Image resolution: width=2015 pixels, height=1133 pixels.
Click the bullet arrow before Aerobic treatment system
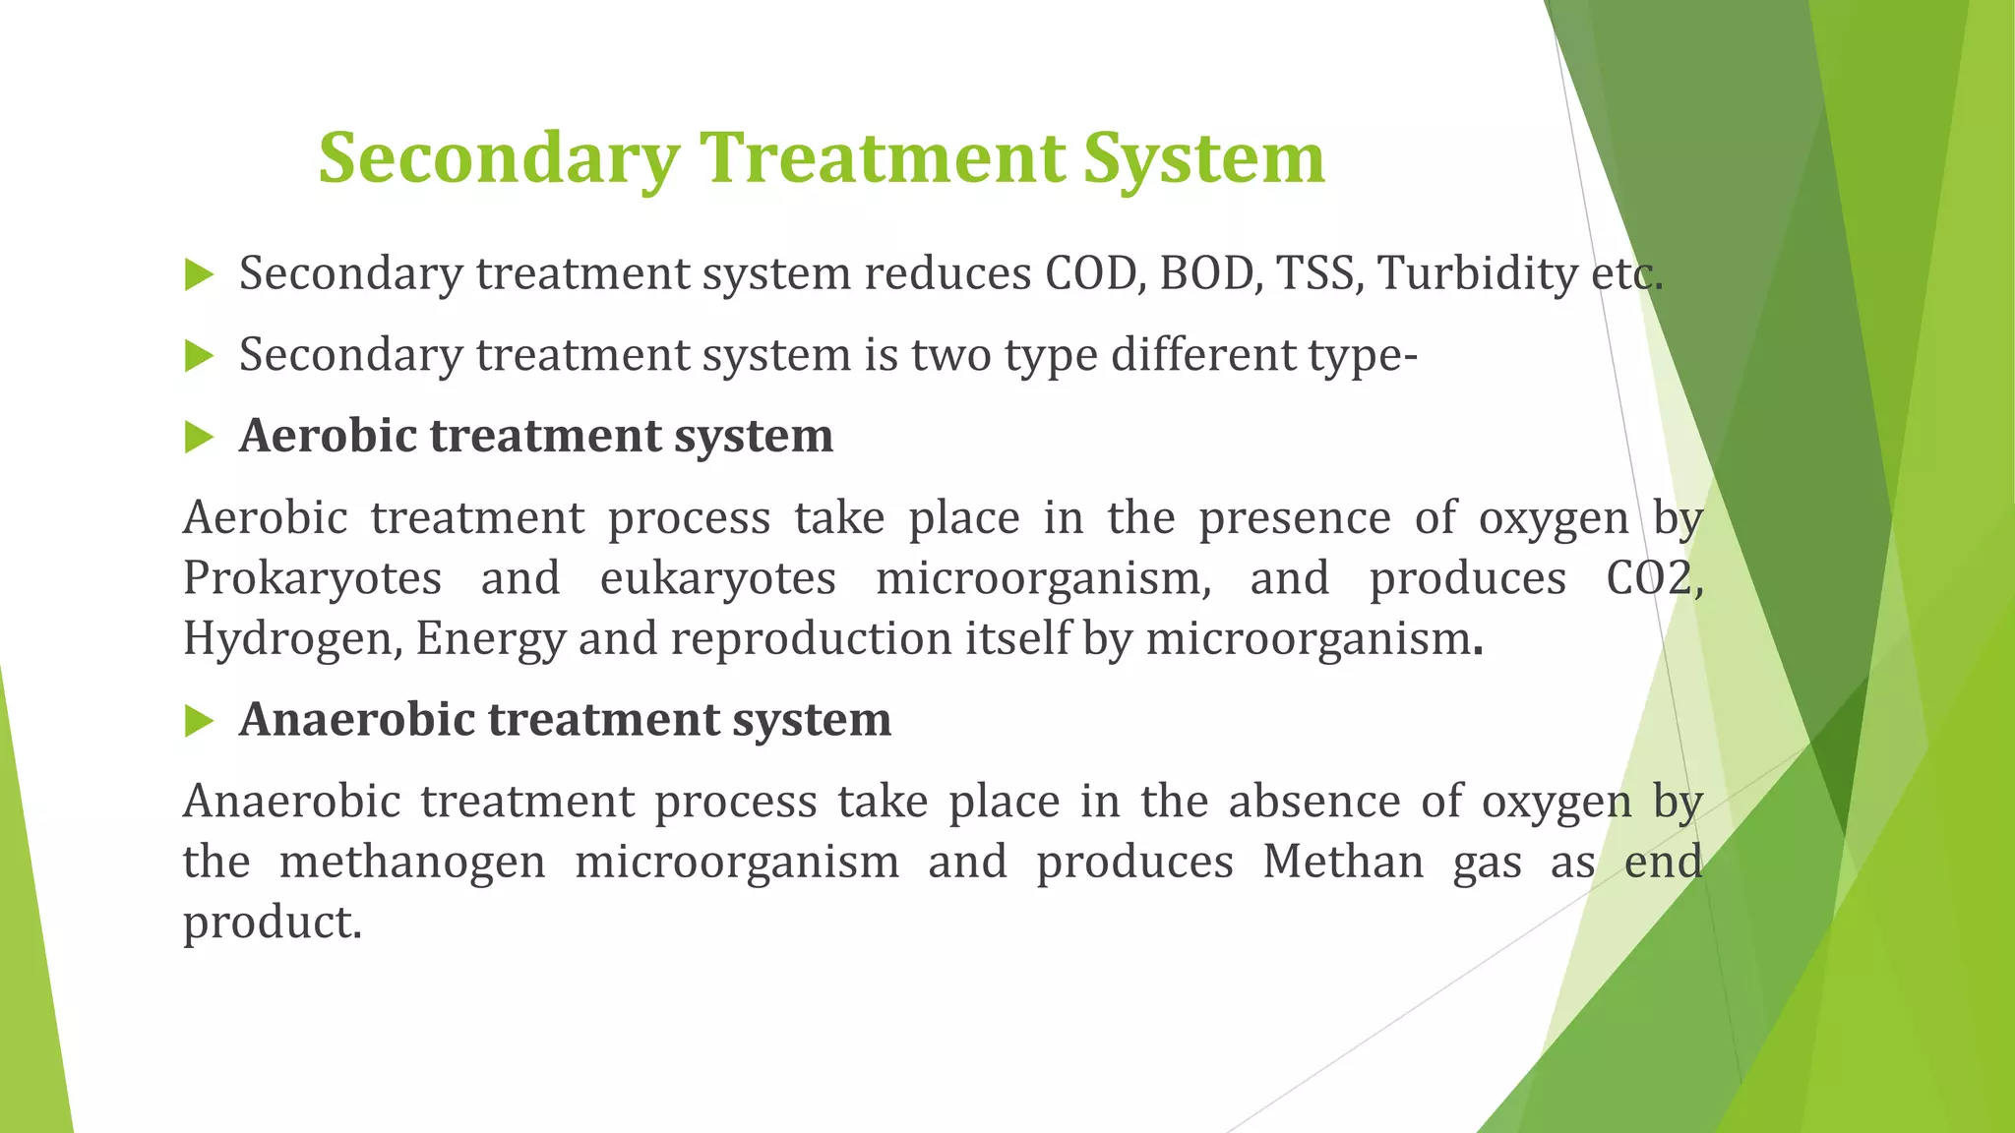pos(199,437)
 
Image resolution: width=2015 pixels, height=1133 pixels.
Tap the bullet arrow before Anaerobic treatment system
pos(199,722)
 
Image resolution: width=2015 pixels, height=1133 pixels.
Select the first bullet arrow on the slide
pos(199,275)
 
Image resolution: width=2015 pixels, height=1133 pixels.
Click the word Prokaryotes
pos(312,579)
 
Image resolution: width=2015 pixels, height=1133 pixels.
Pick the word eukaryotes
pos(717,579)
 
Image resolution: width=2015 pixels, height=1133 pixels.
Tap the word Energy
pos(490,639)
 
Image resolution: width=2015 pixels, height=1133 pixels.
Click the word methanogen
pos(412,863)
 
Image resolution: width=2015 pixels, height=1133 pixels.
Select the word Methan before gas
pos(1343,863)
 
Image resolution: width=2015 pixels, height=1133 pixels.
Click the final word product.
pos(272,924)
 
